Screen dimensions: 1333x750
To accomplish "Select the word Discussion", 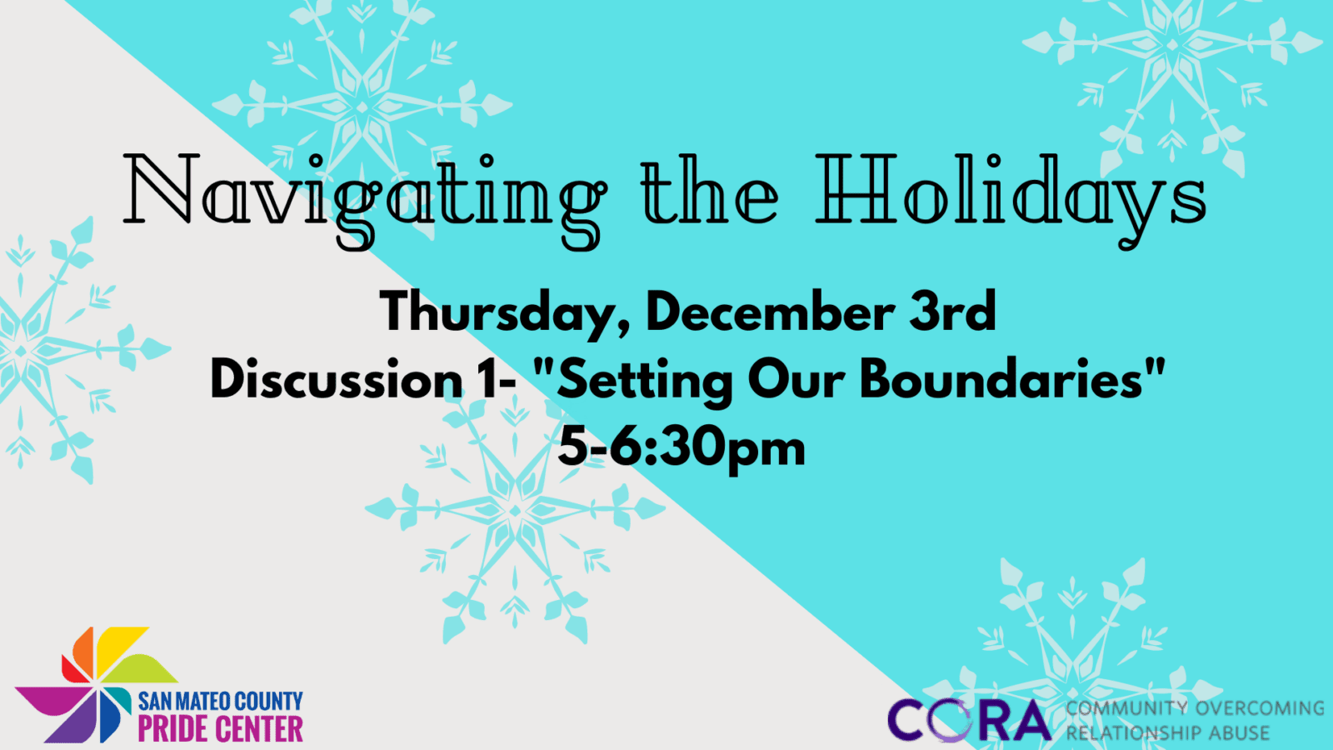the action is tap(337, 378).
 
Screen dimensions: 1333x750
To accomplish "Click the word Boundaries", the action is tap(1002, 378).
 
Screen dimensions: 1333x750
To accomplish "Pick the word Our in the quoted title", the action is tap(796, 378).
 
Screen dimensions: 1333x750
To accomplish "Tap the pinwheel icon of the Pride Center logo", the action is tap(95, 684).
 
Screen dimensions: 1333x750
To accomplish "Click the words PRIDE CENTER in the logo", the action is tap(220, 729).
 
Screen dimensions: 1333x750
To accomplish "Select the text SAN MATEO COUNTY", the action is tap(220, 701).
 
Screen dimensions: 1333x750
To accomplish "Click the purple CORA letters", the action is tap(969, 719).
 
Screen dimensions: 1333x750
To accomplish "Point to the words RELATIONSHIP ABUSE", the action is tap(1167, 732).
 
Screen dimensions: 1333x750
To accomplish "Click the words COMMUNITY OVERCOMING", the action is tap(1195, 707).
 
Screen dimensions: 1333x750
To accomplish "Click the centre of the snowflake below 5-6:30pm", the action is tap(516, 511).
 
